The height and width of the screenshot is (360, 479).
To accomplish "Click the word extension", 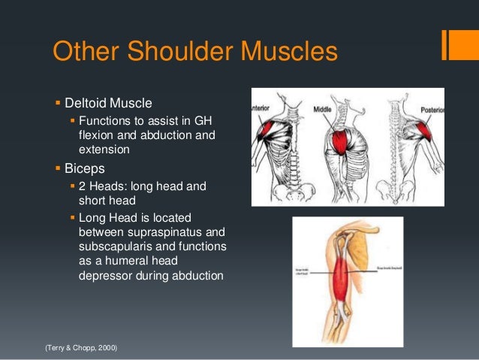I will (x=104, y=149).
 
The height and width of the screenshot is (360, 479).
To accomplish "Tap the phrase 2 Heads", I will (x=101, y=186).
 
